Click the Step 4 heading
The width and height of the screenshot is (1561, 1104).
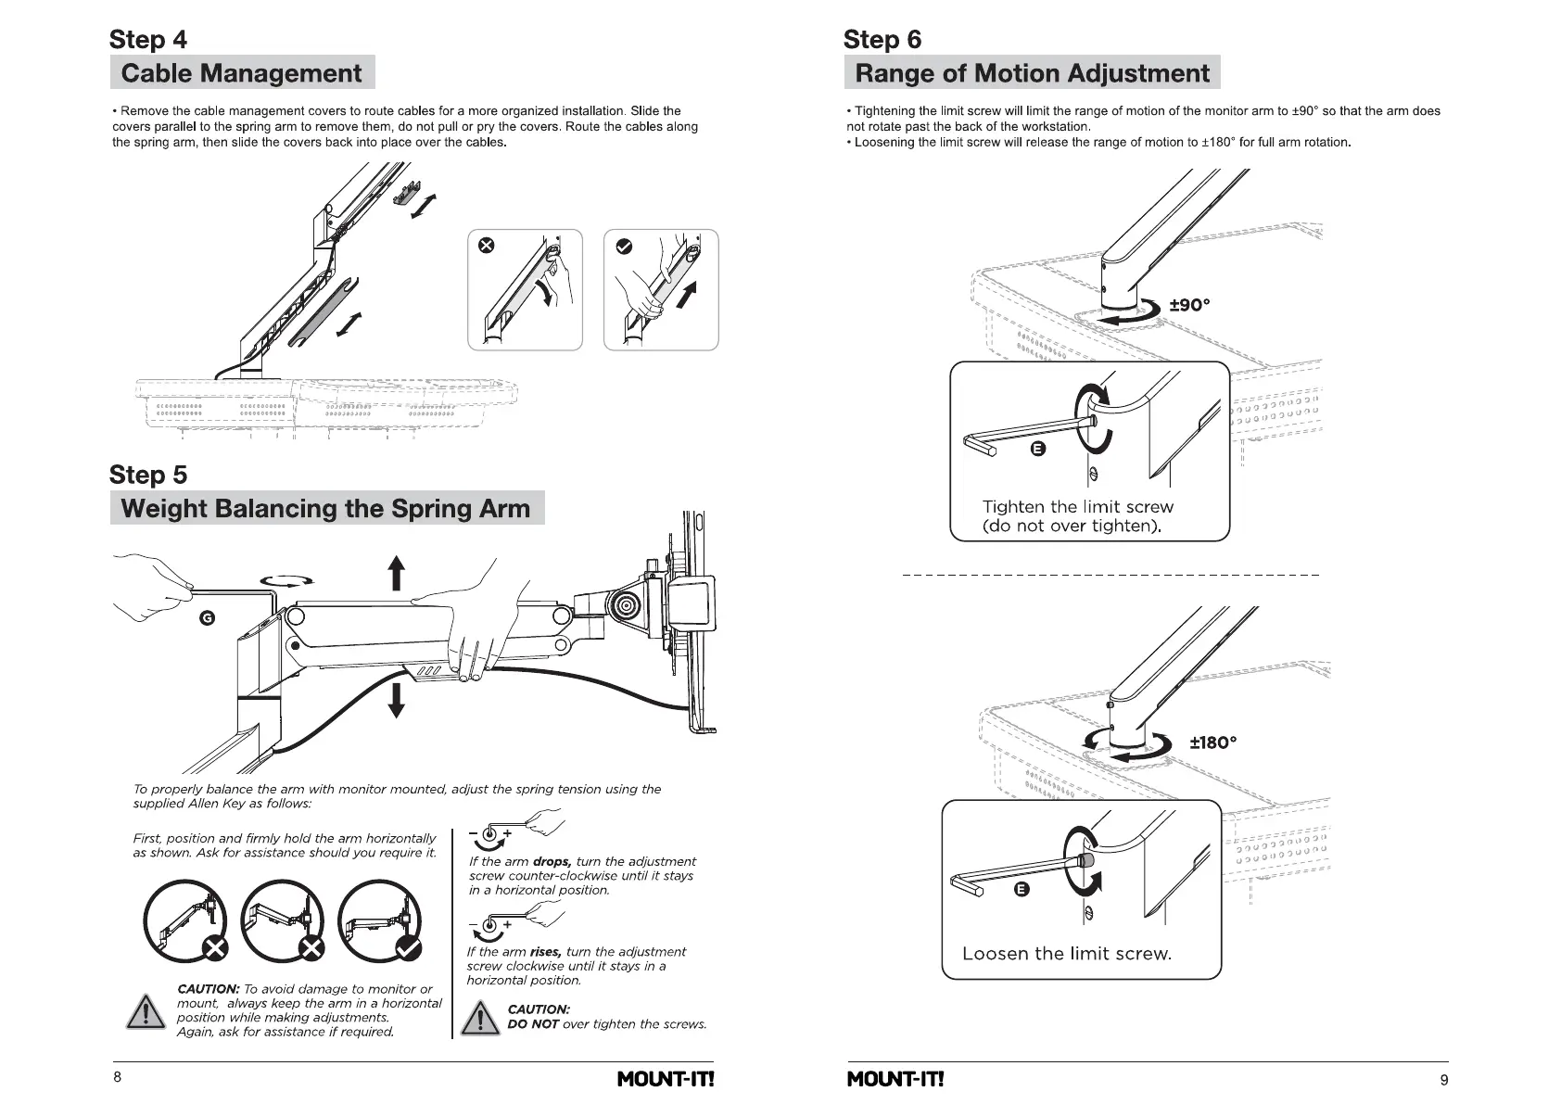(147, 40)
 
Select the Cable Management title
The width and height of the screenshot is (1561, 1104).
(241, 73)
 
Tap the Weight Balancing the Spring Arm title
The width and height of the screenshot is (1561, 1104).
(325, 508)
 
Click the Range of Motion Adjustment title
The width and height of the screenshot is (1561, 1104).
(1032, 73)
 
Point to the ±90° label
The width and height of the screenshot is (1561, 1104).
(1189, 305)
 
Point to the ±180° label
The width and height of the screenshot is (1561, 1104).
(1212, 742)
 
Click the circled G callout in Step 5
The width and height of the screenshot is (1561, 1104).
(208, 617)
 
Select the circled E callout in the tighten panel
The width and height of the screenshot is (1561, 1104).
(1038, 449)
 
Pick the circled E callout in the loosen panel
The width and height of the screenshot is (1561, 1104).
(1022, 890)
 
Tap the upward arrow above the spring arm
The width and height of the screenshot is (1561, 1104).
(396, 572)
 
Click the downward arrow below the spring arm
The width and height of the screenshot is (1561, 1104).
(396, 699)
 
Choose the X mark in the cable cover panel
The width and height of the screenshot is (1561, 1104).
(486, 246)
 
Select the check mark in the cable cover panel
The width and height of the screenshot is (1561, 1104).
(624, 246)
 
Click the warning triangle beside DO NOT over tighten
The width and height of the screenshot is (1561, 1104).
(480, 1018)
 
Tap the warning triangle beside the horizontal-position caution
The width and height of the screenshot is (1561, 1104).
(146, 1011)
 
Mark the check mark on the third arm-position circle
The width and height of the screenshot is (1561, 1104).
(407, 947)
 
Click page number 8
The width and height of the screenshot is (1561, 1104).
(117, 1077)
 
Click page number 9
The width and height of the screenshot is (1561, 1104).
(1444, 1079)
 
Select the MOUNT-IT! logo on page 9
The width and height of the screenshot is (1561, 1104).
(895, 1079)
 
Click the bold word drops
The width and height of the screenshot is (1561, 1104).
(552, 861)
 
